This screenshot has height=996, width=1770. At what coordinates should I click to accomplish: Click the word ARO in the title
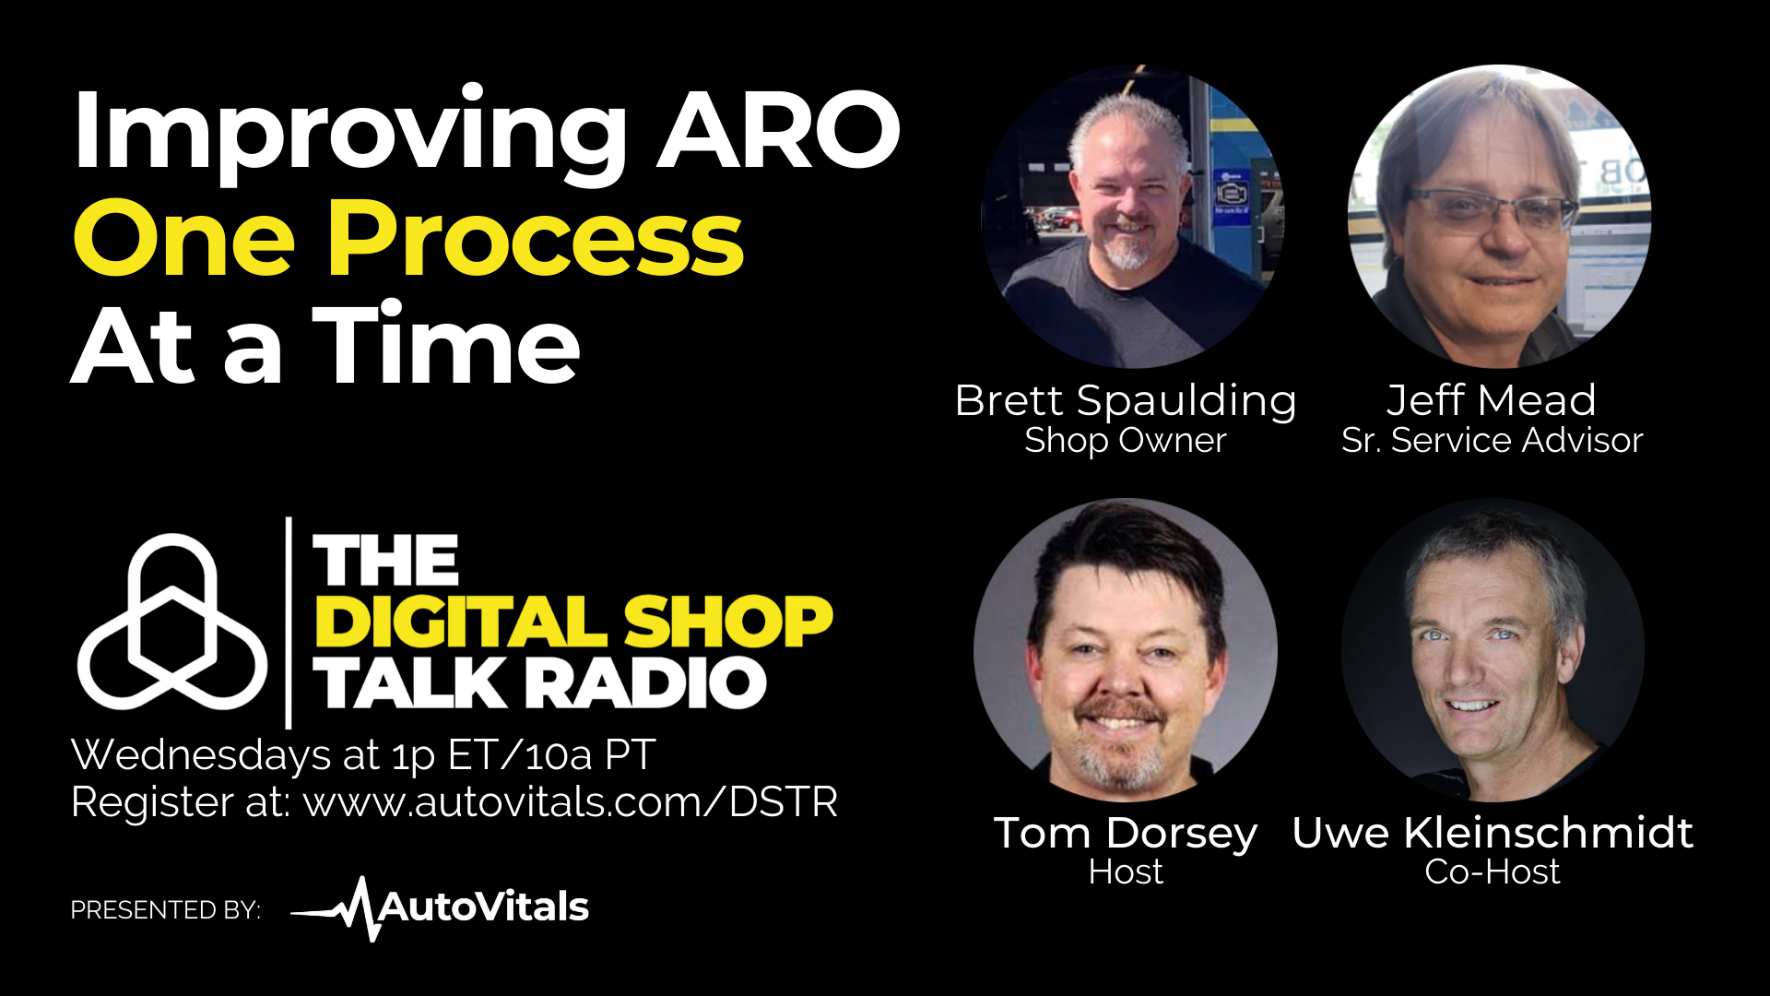point(779,130)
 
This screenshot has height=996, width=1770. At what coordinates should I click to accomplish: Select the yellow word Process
point(537,238)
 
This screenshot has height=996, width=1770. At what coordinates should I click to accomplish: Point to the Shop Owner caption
point(1126,441)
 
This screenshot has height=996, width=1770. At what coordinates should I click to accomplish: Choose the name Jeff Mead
point(1492,399)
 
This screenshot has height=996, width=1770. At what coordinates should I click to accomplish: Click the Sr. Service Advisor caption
point(1493,440)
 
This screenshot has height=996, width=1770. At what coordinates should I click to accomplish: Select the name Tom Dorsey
point(1126,834)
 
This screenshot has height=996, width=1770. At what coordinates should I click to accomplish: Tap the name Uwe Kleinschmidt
point(1493,833)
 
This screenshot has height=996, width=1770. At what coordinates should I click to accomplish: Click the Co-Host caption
point(1493,871)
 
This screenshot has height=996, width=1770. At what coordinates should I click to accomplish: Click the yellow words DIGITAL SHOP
point(573,622)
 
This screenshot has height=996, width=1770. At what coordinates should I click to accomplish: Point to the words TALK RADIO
point(540,683)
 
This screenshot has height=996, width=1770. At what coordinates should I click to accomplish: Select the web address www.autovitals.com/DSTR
point(571,801)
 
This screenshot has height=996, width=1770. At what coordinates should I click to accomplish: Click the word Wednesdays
point(201,755)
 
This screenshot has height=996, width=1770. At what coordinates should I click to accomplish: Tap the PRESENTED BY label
point(166,910)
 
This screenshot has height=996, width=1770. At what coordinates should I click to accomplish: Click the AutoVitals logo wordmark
point(440,908)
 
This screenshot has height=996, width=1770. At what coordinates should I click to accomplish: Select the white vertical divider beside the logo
point(289,622)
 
